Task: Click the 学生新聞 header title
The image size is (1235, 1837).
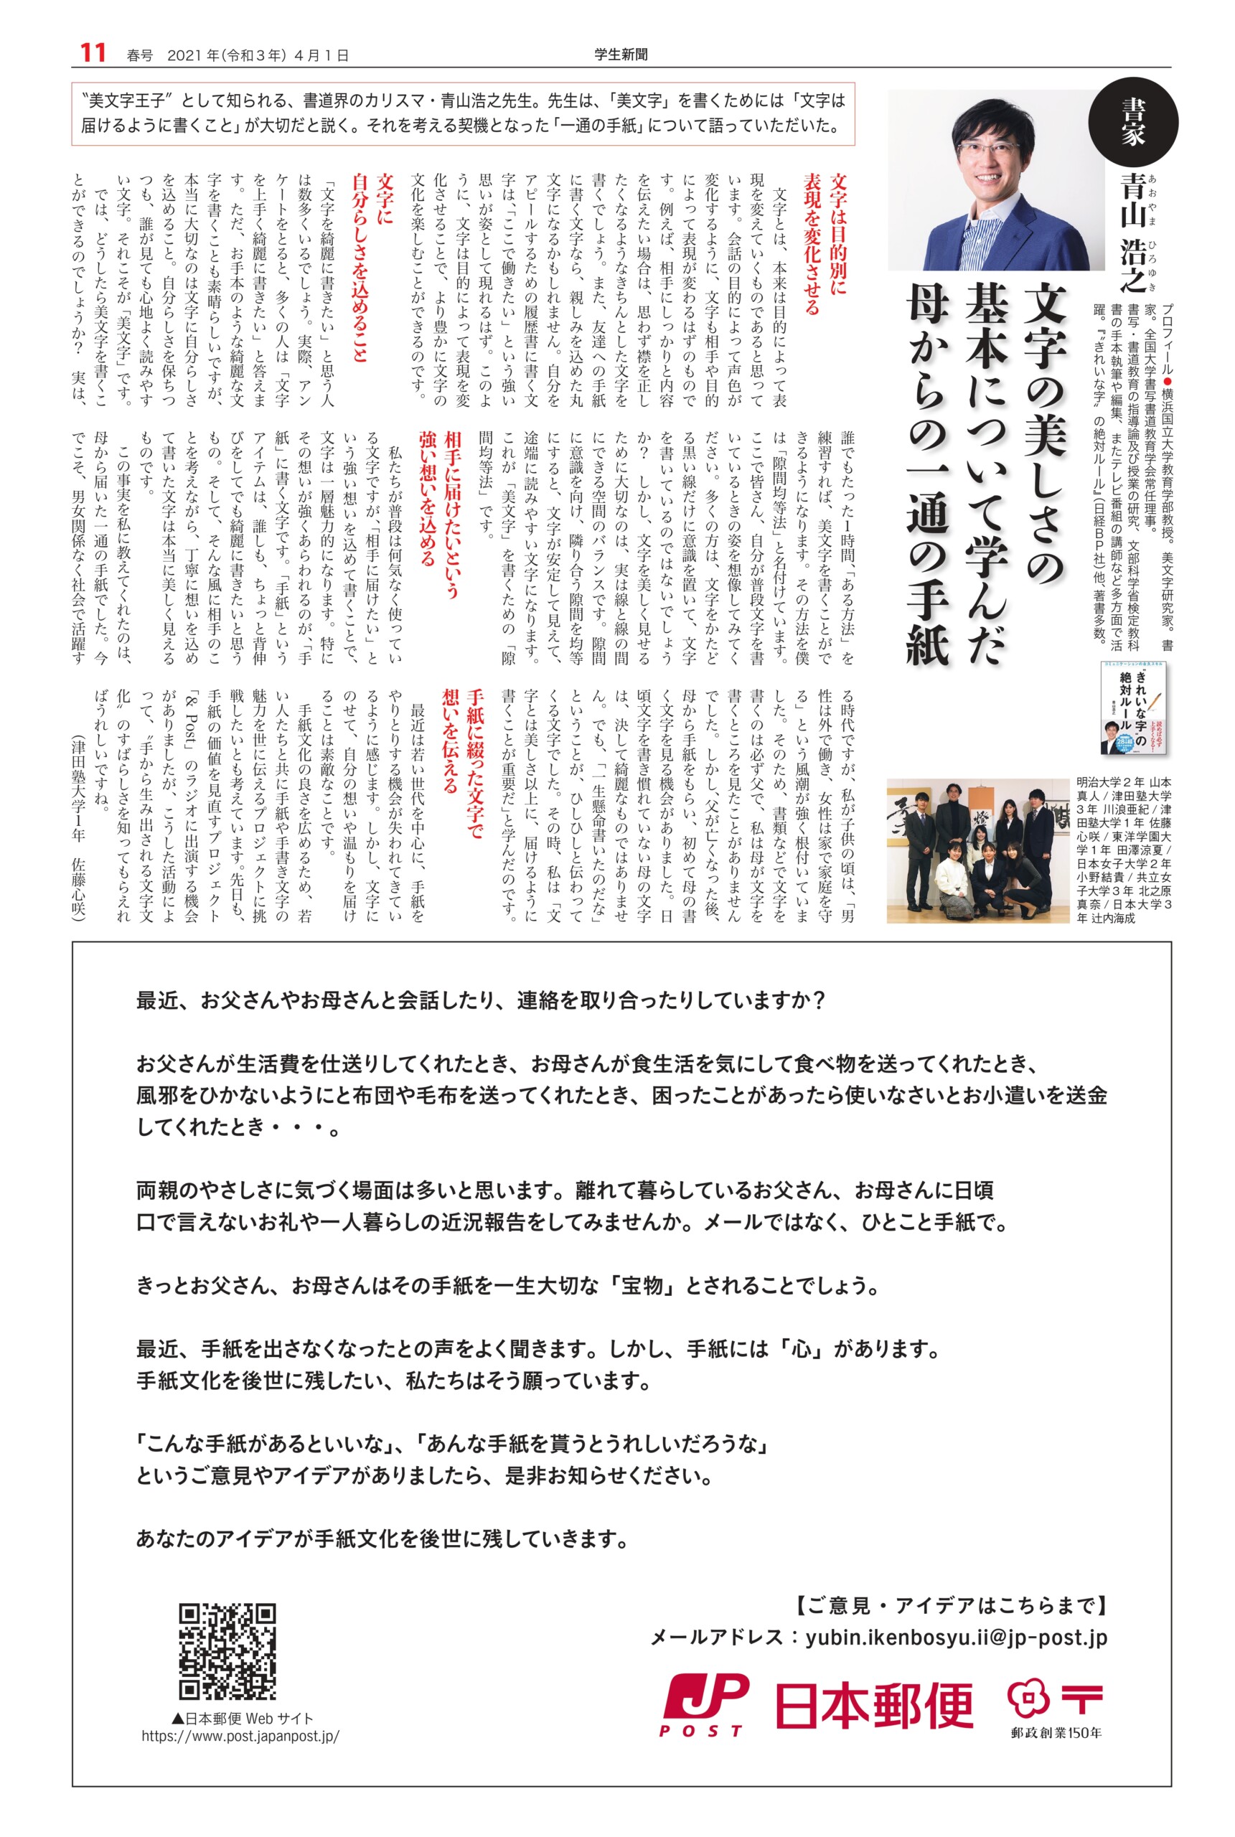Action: click(621, 55)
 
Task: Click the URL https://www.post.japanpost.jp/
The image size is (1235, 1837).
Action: click(240, 1757)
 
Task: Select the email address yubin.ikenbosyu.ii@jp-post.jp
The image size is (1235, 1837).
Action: click(956, 1637)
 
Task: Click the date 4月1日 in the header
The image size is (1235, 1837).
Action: click(321, 55)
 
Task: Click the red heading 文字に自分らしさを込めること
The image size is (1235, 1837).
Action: click(372, 268)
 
